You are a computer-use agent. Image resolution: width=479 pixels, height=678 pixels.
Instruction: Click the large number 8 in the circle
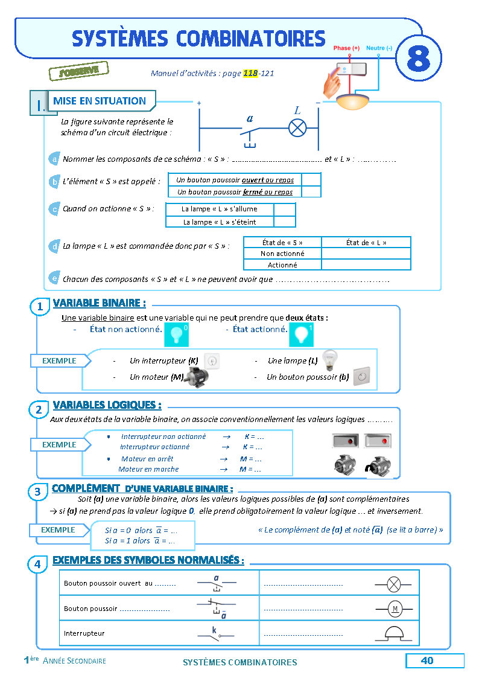[x=418, y=59]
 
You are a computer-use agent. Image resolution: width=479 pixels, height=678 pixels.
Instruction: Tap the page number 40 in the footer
[x=427, y=660]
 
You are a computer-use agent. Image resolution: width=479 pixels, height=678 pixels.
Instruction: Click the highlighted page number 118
[x=250, y=74]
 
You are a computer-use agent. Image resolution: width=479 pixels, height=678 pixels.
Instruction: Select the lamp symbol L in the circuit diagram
[x=297, y=128]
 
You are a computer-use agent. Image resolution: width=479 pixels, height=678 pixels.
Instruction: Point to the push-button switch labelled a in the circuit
[x=249, y=129]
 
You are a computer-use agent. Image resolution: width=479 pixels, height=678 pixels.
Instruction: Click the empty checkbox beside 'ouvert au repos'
[x=311, y=179]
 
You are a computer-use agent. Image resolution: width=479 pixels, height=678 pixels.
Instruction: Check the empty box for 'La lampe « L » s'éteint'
[x=284, y=222]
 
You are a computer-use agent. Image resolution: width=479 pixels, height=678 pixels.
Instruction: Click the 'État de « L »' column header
[x=366, y=242]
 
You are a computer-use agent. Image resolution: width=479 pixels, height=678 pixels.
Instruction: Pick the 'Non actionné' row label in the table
[x=282, y=254]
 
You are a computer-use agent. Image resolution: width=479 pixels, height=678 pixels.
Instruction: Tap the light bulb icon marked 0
[x=177, y=334]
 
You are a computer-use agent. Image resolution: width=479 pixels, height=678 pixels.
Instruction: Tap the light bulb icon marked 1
[x=301, y=334]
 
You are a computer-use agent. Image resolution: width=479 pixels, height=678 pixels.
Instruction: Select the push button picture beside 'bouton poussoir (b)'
[x=361, y=376]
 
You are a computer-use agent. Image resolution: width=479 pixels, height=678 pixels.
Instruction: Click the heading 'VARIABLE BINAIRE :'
[x=99, y=303]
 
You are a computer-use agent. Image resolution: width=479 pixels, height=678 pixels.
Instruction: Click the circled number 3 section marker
[x=37, y=492]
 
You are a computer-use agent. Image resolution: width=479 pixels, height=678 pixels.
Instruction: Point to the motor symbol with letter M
[x=395, y=609]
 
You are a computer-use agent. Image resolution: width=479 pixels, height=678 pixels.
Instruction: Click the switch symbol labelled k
[x=216, y=633]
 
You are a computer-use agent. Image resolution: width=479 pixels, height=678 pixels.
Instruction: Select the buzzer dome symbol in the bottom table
[x=395, y=633]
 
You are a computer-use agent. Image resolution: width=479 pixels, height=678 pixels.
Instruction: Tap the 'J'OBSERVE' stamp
[x=78, y=71]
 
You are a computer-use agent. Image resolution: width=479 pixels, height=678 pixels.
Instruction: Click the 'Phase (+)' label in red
[x=346, y=48]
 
